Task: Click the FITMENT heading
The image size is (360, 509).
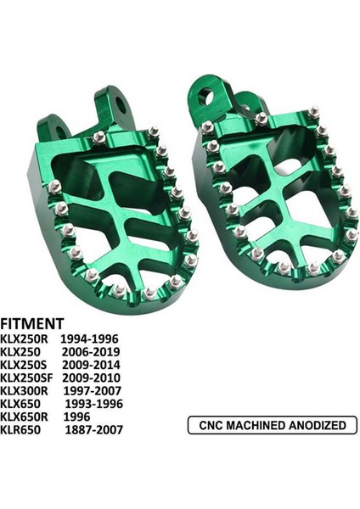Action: coord(31,323)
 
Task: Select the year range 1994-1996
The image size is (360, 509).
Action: coord(93,338)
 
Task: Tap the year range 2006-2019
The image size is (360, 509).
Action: coord(93,351)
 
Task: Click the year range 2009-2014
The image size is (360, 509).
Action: coord(93,365)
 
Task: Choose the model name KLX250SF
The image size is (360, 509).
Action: coord(29,378)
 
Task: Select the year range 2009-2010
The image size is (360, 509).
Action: coord(93,378)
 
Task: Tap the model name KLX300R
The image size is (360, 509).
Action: coord(26,391)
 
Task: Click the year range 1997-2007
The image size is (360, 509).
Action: coord(93,391)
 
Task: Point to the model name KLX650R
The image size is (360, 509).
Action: coord(26,417)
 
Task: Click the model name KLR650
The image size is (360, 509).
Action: coord(22,430)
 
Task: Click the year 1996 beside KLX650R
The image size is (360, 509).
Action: coord(79,417)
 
